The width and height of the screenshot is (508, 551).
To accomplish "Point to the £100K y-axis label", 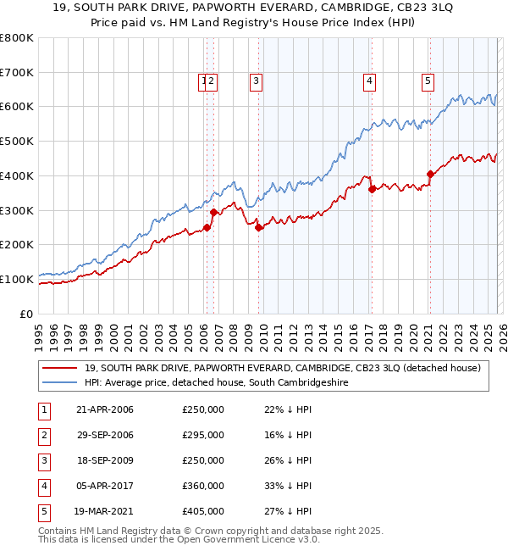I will pos(17,279).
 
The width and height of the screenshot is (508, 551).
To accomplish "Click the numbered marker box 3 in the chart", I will pos(256,81).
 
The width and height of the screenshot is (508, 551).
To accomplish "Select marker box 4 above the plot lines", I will pos(370,81).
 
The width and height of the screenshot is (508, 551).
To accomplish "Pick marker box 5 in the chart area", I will pos(428,81).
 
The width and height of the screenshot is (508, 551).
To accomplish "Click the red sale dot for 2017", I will pos(372,189).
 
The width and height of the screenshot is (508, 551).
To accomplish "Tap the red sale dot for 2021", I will pos(430,174).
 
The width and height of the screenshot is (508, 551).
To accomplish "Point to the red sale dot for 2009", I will pos(258,227).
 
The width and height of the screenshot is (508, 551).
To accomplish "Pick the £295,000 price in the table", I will pos(203,435).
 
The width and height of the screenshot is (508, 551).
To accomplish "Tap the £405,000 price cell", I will pos(203,511).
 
